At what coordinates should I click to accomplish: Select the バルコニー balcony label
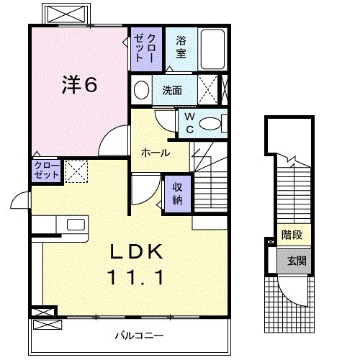139,335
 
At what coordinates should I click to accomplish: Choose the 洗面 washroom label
171,91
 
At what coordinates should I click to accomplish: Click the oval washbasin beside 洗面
142,91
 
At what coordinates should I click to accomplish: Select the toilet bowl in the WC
210,125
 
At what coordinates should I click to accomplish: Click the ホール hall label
156,153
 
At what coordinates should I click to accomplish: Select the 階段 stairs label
291,234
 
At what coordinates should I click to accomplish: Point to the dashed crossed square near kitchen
76,171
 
